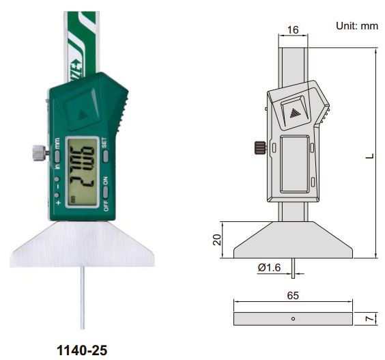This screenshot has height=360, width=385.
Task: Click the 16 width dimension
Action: coord(293,30)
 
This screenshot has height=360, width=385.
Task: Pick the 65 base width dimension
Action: coord(294,296)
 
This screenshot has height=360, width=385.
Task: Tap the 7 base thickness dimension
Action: coord(367,318)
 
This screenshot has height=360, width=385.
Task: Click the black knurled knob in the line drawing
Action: coord(259,147)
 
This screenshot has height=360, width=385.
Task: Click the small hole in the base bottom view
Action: coord(293,318)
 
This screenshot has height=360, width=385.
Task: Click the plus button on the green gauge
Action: coord(58,203)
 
